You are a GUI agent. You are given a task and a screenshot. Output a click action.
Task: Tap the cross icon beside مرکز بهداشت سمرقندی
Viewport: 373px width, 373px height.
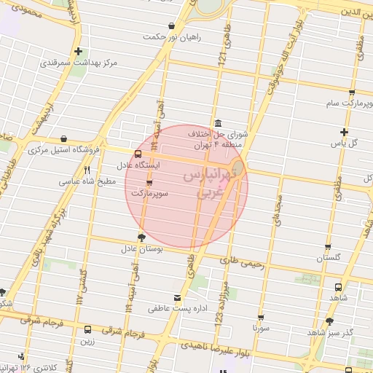78,52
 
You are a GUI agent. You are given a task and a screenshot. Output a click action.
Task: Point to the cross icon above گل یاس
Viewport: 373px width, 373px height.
344,132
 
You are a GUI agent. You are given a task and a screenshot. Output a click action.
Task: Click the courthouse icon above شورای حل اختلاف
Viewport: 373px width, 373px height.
218,122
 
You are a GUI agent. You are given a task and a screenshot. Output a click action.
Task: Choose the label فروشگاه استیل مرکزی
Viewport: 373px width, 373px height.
64,150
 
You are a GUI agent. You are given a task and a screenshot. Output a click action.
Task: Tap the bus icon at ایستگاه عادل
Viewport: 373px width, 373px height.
138,154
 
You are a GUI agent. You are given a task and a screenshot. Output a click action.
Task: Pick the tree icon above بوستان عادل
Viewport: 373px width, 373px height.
141,237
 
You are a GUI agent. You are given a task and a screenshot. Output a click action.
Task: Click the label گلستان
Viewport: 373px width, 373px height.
328,258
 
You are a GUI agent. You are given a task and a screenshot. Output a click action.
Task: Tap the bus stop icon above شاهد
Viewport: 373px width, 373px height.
338,288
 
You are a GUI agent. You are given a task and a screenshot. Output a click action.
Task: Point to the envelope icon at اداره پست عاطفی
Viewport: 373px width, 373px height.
177,297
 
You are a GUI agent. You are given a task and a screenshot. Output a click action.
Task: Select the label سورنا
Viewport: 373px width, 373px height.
261,329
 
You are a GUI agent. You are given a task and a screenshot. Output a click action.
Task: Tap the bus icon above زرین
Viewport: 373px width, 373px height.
88,329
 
